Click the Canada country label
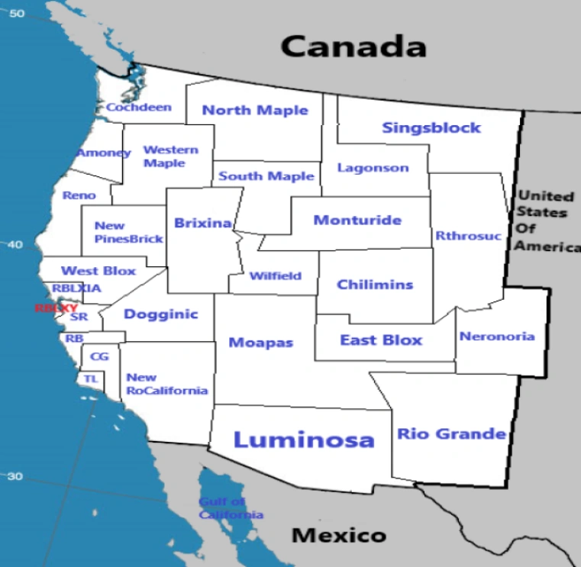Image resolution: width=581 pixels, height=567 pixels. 353,47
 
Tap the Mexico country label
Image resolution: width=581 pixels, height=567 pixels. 339,535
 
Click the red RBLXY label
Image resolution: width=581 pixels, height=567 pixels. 56,308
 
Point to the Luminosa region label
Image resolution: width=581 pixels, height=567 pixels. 304,440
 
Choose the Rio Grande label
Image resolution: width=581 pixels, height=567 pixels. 451,434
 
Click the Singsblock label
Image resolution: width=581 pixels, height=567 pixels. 431,127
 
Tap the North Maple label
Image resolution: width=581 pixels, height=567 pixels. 255,110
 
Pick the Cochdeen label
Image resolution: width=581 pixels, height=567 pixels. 139,108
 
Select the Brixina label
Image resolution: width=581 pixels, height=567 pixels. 203,223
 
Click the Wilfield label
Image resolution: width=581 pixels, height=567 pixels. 276,276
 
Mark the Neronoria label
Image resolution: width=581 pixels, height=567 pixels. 497,337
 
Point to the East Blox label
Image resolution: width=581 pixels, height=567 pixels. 381,340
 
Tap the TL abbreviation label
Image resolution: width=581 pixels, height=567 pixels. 91,379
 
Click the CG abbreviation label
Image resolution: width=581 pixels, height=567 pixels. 99,356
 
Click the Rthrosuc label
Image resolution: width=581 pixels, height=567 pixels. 469,236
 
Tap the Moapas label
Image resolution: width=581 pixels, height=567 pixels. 261,343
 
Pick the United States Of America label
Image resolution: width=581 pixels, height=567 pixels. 546,221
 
